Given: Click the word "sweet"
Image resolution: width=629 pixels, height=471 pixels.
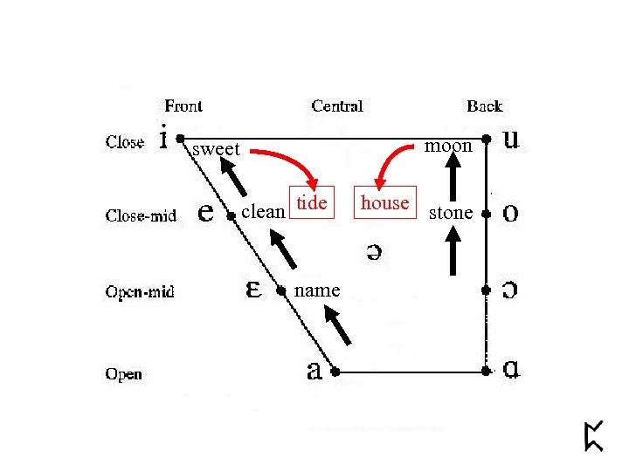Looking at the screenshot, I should [x=215, y=149].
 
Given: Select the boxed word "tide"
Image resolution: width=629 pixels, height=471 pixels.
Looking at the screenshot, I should [x=312, y=202].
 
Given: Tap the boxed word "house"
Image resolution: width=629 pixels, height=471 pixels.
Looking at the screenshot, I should [x=384, y=202].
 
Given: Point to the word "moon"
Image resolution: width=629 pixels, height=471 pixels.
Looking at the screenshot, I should [x=448, y=146].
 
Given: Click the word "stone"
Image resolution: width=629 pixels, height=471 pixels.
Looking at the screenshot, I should [x=451, y=212].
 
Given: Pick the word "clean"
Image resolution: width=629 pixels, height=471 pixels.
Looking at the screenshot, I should [x=263, y=211].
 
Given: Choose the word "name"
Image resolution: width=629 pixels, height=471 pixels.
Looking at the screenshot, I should [x=317, y=290].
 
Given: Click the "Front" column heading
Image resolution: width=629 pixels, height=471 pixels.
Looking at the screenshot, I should [x=183, y=106].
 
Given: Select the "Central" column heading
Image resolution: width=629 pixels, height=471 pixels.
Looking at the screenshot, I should [x=337, y=106].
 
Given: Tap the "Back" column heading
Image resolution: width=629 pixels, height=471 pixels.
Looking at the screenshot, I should [x=484, y=106].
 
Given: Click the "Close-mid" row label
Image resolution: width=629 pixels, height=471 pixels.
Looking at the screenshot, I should [x=141, y=215].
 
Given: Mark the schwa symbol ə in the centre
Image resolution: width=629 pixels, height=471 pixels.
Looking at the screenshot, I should [x=372, y=251].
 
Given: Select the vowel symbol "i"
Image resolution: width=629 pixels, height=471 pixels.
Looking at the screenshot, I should [x=163, y=137].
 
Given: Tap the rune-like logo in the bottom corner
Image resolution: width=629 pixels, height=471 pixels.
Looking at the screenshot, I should [x=594, y=435].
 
